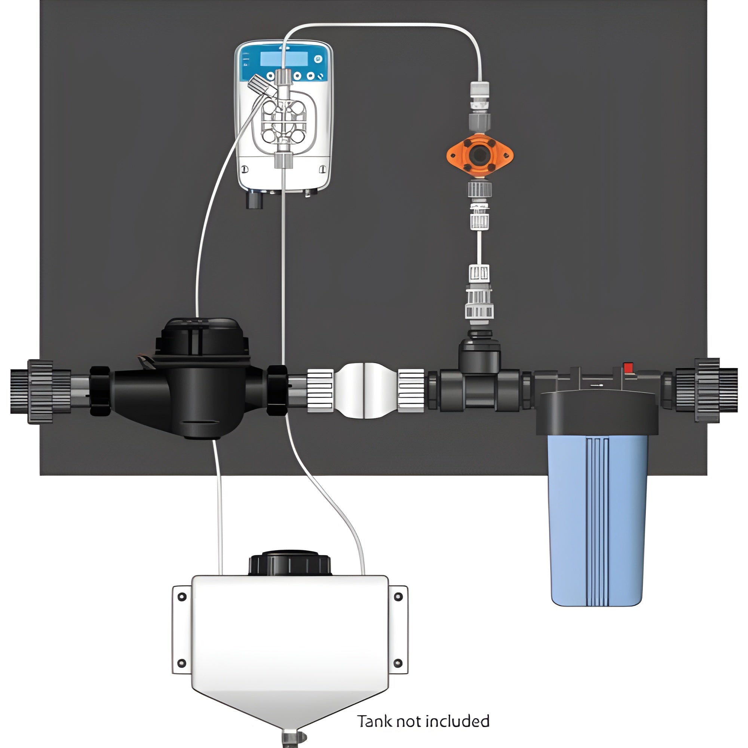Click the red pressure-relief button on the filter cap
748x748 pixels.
[628, 367]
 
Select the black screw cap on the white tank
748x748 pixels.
[289, 563]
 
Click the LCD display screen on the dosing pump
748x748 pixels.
[284, 59]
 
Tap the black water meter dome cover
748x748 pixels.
[201, 337]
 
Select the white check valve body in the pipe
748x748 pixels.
[365, 391]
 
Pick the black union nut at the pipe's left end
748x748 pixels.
[40, 392]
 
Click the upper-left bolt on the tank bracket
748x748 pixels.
[182, 597]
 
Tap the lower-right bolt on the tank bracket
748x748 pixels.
[398, 663]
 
